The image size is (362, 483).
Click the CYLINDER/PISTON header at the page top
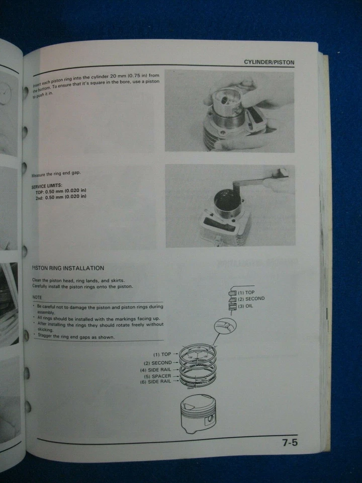[269, 62]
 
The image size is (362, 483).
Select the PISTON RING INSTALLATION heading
[68, 268]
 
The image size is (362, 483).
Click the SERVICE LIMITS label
[47, 186]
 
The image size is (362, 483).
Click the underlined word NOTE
[37, 298]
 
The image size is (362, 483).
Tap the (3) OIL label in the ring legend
[246, 306]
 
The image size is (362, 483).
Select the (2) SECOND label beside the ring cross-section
[251, 299]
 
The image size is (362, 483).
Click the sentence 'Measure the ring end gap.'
[56, 174]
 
